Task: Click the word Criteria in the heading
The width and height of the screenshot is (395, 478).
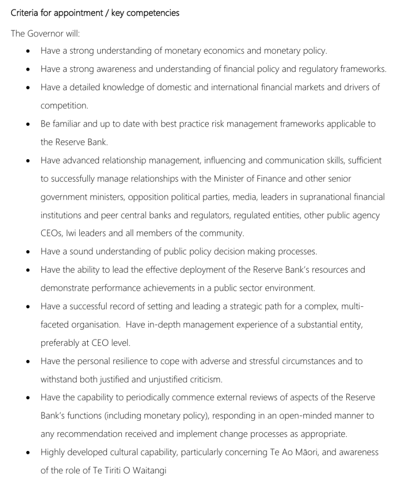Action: tap(26, 13)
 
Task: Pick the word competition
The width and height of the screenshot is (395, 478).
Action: tap(64, 105)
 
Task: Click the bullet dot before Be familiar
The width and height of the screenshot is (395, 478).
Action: tap(29, 125)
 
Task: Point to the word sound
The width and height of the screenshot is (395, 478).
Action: tap(82, 252)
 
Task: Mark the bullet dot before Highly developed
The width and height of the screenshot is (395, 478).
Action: tap(29, 453)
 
